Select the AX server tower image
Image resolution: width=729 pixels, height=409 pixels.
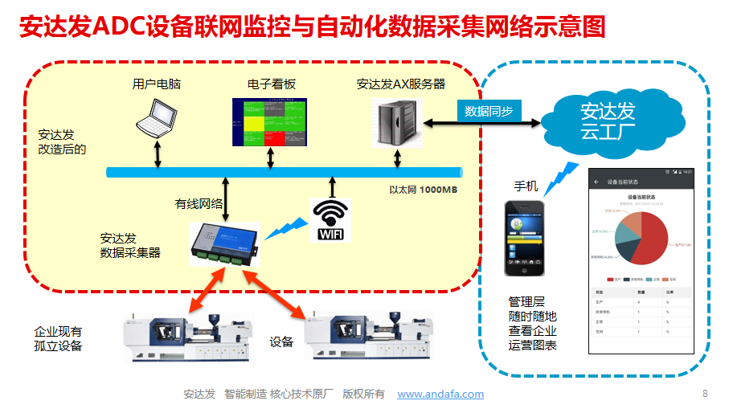[396, 122]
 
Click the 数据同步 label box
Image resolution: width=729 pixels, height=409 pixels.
[489, 111]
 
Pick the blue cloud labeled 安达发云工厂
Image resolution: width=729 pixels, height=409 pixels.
[608, 120]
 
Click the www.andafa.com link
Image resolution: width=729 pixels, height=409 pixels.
[440, 394]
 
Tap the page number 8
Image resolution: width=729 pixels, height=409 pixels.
[705, 393]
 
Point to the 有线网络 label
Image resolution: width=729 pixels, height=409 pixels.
[199, 204]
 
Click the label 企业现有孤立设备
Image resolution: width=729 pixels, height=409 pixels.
[58, 338]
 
